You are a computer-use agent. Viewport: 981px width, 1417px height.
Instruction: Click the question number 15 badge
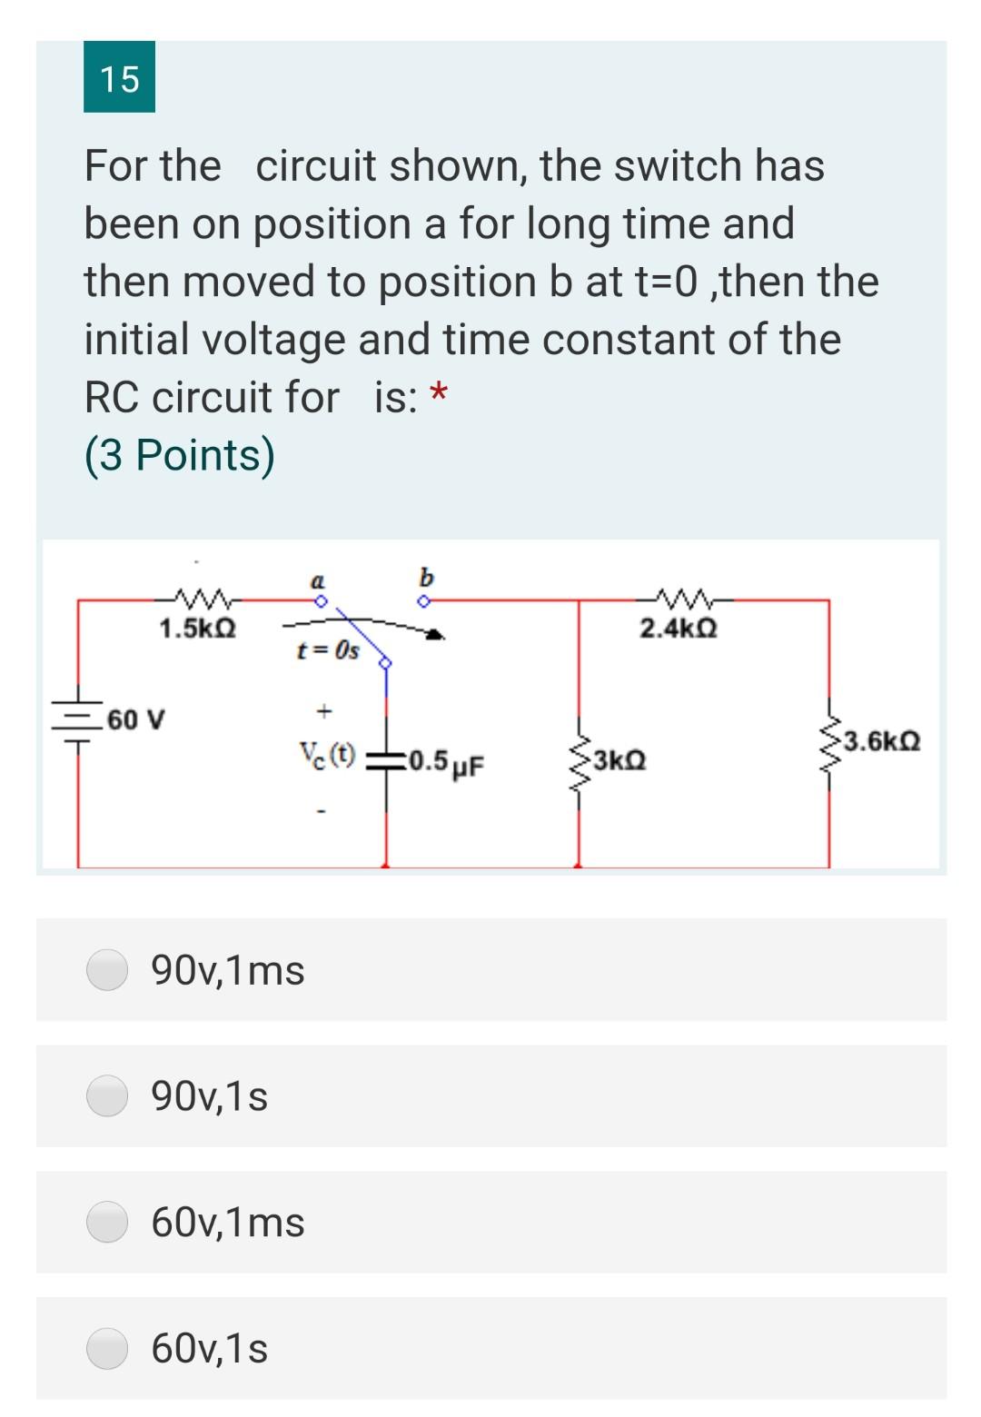tap(119, 78)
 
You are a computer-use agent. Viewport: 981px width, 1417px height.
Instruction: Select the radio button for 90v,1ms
tap(107, 969)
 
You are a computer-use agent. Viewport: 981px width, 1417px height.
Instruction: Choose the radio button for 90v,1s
tap(107, 1095)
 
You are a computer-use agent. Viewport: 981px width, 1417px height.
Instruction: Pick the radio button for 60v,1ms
tap(107, 1222)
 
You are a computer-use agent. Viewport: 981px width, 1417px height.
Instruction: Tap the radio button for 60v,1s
tap(107, 1348)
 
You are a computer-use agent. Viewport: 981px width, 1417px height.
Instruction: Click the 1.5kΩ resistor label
tap(197, 629)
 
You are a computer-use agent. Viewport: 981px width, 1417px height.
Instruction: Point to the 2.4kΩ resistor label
tap(679, 629)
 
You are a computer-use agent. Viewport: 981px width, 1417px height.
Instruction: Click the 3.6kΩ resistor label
tap(882, 741)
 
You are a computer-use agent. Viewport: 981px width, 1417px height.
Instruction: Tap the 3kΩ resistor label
tap(621, 759)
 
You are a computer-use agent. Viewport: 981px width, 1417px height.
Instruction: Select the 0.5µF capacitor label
tap(445, 761)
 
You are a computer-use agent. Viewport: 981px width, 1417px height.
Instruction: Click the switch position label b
tap(426, 577)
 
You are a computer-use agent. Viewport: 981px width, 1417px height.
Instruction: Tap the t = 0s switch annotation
tap(328, 650)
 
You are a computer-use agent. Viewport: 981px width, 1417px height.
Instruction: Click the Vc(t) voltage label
tap(328, 754)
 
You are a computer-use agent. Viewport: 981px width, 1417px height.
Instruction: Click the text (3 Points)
tap(180, 455)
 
